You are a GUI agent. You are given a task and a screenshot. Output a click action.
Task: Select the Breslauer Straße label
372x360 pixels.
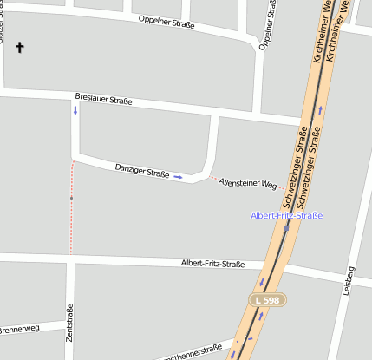103,100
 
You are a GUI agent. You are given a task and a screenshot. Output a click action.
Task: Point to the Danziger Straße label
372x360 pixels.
141,170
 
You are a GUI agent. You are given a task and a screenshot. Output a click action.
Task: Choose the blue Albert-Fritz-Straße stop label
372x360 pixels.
286,215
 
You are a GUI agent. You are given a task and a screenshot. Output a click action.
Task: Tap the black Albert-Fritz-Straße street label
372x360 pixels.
212,264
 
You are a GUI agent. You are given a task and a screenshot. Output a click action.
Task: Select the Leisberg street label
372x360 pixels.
350,281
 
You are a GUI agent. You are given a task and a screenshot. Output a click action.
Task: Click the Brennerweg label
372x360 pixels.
19,330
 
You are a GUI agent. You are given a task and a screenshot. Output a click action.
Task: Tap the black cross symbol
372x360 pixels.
19,47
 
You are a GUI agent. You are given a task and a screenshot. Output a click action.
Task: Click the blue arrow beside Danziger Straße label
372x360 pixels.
178,176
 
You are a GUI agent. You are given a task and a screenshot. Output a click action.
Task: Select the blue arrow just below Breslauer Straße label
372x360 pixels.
75,111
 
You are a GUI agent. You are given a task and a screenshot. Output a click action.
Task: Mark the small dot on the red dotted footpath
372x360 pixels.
71,199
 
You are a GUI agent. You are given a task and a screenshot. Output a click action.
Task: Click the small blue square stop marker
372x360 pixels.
286,227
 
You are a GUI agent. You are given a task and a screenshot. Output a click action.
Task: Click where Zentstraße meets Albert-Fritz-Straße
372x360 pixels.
70,259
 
